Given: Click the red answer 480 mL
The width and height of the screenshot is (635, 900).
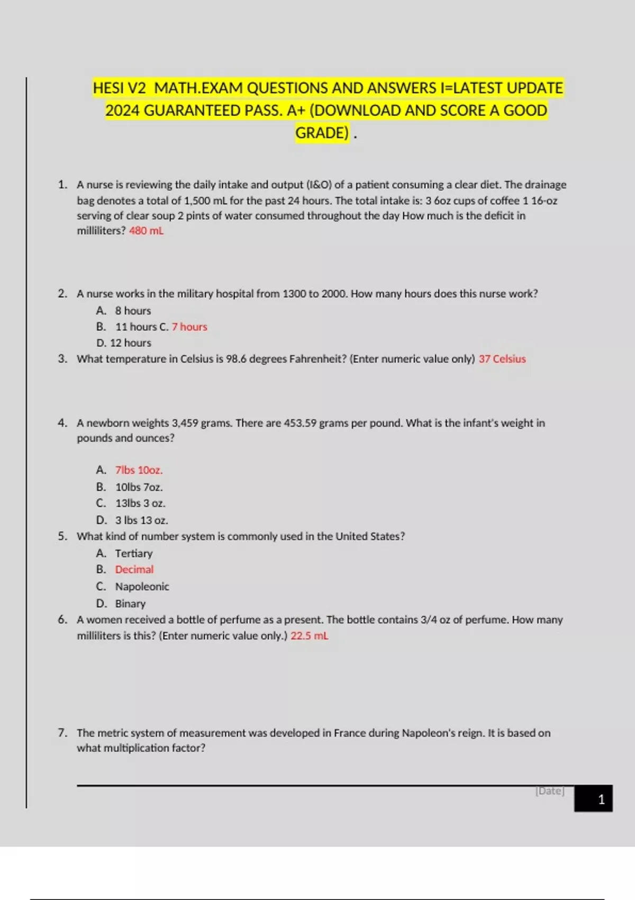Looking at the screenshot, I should click(x=146, y=231).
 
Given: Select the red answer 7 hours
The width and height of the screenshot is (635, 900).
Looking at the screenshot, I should click(x=189, y=327).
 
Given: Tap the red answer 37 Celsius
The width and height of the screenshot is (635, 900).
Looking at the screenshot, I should click(x=502, y=359).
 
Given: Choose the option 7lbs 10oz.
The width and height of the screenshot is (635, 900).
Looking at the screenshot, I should click(x=139, y=470).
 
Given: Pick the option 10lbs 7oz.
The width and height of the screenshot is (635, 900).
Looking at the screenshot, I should click(x=139, y=487).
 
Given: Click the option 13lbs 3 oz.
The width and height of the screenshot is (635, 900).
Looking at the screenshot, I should click(x=140, y=503).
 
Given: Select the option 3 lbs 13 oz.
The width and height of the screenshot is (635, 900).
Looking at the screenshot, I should click(x=141, y=520).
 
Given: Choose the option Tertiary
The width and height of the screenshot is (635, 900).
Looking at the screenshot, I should click(x=134, y=554).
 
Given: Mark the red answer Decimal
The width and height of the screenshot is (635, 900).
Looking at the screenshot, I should click(x=134, y=570).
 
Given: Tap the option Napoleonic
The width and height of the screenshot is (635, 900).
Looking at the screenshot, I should click(x=142, y=587).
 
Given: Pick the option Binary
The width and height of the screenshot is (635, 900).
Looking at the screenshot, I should click(x=130, y=604).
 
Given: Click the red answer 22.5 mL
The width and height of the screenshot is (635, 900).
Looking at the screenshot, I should click(x=309, y=636).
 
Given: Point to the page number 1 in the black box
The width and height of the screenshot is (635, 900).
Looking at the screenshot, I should click(x=601, y=799).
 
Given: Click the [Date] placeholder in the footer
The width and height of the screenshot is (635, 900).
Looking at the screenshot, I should click(x=550, y=791).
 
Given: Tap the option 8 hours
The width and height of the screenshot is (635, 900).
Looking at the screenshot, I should click(x=133, y=311).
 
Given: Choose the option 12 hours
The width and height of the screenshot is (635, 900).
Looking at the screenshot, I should click(x=130, y=343).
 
